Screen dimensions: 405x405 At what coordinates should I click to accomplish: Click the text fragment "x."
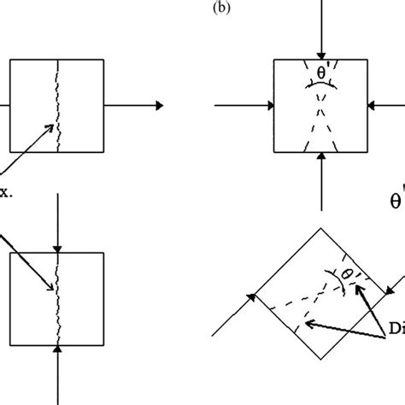[6, 192]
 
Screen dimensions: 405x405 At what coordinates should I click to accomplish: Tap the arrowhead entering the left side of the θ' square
[267, 106]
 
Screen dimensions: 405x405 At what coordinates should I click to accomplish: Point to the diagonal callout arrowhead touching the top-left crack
[54, 129]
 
